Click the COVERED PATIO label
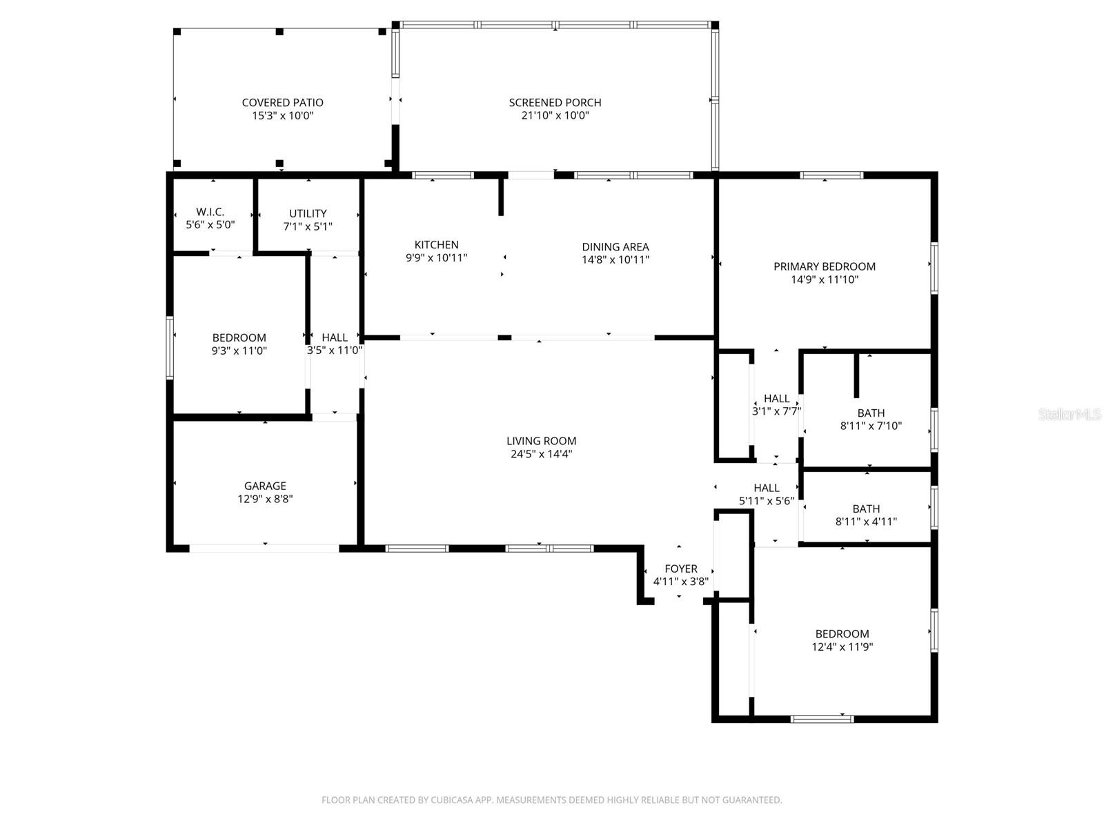tap(282, 103)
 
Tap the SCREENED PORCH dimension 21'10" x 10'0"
tap(555, 116)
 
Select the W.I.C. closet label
tap(210, 212)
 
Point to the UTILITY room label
tap(308, 213)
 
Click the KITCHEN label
tap(436, 244)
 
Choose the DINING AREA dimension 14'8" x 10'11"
tap(615, 260)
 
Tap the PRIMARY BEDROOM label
tap(824, 266)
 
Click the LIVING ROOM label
tap(541, 441)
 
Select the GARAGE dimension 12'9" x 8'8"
tap(265, 499)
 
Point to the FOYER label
tap(680, 569)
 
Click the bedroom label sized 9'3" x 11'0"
tap(239, 337)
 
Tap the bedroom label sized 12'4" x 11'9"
tap(842, 633)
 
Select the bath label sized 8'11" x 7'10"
tap(871, 413)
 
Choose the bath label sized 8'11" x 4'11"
tap(866, 509)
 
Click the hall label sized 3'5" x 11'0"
tap(335, 337)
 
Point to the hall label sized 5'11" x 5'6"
tap(766, 488)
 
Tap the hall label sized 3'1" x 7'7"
tap(776, 398)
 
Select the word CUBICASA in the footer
tap(451, 800)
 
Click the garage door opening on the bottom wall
tap(264, 549)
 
